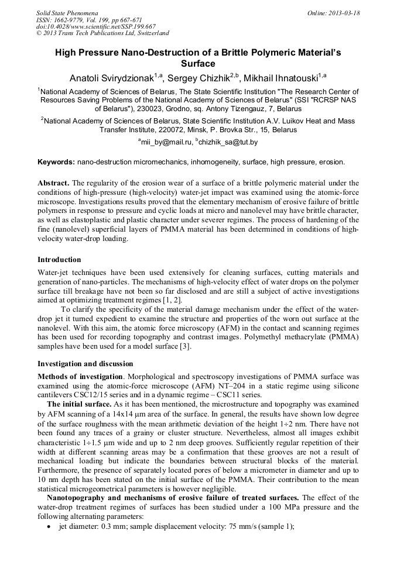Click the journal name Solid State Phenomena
67,12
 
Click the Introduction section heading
59,259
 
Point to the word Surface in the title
198,64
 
